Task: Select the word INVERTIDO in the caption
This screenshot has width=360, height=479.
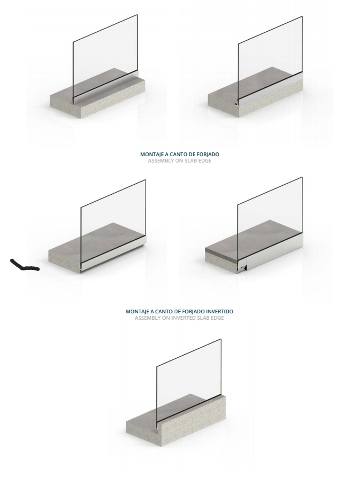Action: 214,312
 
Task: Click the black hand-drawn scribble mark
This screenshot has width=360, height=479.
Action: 24,266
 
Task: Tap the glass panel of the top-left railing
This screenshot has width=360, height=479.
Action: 106,56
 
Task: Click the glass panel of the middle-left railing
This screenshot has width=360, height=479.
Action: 113,217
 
